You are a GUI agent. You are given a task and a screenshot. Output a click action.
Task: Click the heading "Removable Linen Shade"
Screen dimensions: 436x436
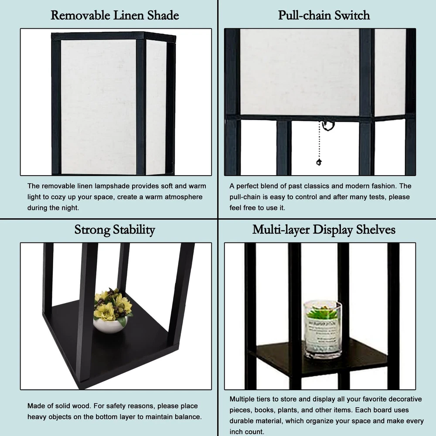115,15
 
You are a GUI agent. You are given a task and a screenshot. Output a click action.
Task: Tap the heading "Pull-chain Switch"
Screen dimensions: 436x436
324,15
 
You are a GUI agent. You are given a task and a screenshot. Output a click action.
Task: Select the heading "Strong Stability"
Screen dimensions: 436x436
115,230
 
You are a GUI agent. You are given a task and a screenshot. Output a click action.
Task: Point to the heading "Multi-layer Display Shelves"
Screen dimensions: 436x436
324,230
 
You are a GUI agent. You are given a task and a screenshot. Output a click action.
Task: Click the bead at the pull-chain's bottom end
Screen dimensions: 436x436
319,162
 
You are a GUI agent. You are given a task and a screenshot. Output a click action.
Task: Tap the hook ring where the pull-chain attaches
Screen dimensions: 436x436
328,126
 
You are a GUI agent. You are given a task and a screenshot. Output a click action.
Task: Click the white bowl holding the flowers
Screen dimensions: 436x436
110,325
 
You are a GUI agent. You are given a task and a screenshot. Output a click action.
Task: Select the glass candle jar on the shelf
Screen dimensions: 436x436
323,330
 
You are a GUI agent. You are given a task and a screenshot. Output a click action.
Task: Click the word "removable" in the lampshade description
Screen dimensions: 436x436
58,186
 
